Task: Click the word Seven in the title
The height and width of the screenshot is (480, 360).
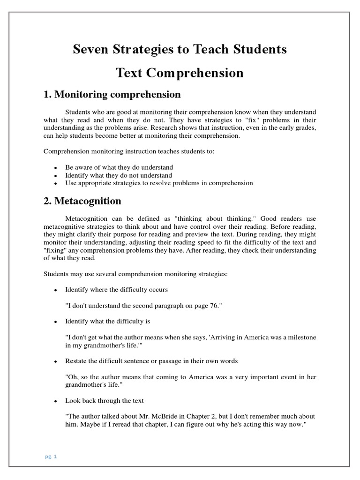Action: click(90, 49)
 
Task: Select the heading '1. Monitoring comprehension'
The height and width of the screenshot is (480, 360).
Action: click(112, 94)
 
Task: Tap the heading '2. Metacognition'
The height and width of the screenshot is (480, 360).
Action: click(82, 201)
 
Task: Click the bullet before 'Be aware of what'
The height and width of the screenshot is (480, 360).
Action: click(55, 168)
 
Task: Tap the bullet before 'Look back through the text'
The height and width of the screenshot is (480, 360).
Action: click(55, 401)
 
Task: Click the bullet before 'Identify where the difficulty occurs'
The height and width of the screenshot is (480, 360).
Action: click(55, 290)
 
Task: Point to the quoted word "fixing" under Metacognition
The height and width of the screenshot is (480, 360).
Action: click(54, 250)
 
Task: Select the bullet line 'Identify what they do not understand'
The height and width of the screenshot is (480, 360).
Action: click(119, 175)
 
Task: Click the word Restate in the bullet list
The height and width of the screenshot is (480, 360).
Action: click(76, 361)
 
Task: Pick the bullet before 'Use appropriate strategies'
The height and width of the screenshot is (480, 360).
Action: click(55, 183)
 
